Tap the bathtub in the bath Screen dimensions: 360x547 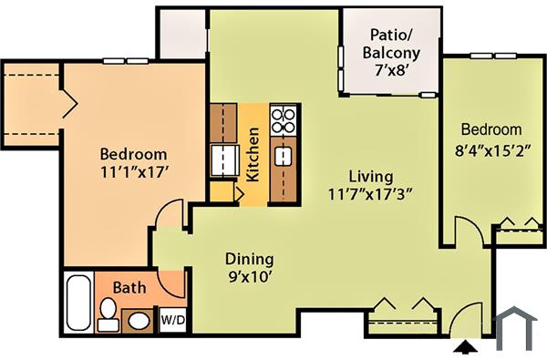pos(79,302)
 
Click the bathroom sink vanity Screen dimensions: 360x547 pos(139,320)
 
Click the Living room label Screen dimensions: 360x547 pos(370,176)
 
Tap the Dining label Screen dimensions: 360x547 pos(249,259)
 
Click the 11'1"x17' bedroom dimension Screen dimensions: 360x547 pos(133,170)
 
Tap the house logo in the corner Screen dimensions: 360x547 pos(515,329)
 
